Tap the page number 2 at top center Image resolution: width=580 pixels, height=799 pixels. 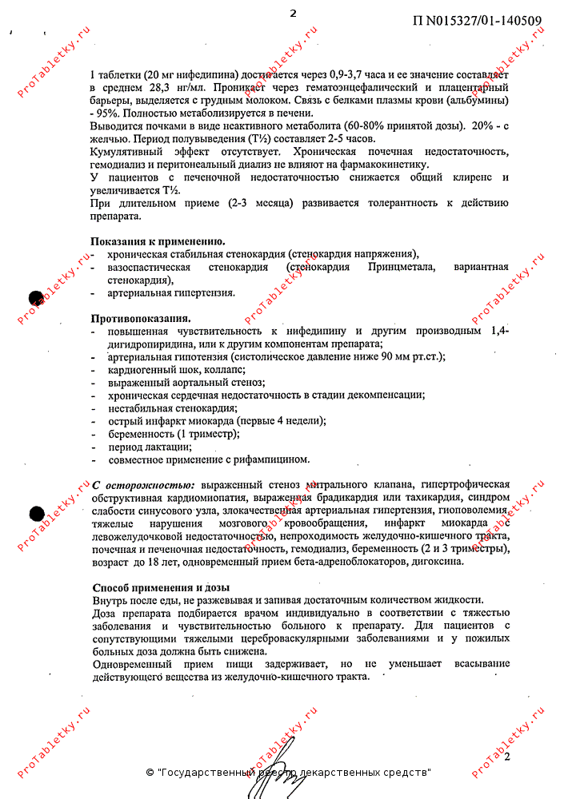(x=293, y=13)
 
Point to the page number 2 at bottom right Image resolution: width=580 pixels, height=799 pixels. (x=506, y=756)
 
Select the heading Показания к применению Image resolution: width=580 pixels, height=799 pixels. (x=157, y=241)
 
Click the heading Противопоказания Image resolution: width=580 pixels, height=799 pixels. (x=140, y=318)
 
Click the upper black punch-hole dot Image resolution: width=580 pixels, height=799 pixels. (x=35, y=298)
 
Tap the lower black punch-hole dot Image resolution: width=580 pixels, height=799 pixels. (x=35, y=515)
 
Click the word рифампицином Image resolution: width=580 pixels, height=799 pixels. (x=275, y=459)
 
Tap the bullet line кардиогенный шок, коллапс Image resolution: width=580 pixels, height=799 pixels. (x=177, y=370)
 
